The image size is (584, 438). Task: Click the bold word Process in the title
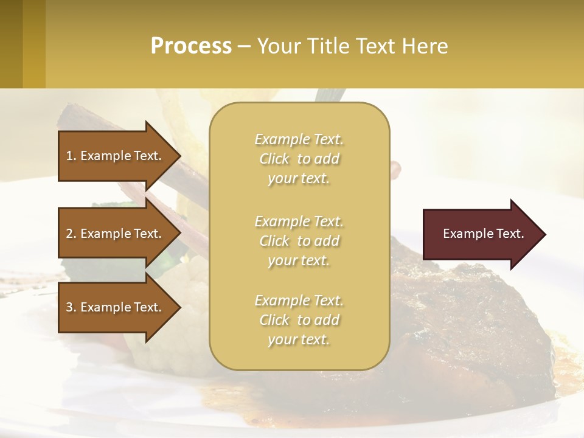coord(191,46)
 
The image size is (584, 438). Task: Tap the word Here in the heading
coord(425,46)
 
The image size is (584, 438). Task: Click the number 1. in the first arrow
coord(71,156)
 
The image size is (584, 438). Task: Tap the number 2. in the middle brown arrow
coord(71,234)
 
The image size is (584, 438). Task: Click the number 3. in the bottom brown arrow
coord(71,307)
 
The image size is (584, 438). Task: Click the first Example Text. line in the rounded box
coord(299,139)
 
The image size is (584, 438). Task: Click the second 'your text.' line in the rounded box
coord(299,260)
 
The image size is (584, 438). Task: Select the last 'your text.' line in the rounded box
coord(299,339)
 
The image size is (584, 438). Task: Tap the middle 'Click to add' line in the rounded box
coord(299,241)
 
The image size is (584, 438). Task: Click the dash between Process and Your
coord(244,46)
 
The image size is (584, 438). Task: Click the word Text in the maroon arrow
coord(510,234)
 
